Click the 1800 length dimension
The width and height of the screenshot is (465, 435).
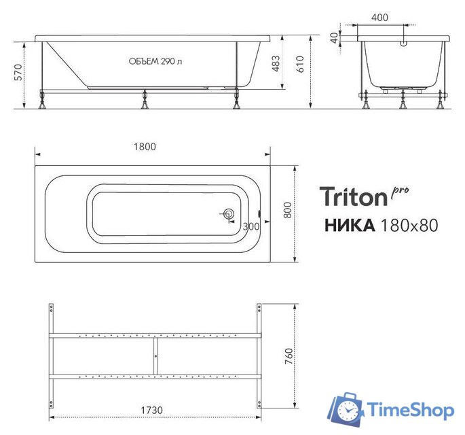coord(145,146)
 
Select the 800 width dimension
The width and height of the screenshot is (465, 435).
coord(288,211)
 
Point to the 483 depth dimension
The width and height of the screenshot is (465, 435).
coord(275,63)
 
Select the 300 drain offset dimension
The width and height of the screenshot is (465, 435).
coord(250,226)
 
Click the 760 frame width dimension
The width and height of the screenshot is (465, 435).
coord(288,355)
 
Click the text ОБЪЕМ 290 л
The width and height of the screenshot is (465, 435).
coord(155,62)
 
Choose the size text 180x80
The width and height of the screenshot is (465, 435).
coord(407,225)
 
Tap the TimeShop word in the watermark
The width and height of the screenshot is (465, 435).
coord(410,410)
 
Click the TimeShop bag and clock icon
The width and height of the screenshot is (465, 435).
coord(346,408)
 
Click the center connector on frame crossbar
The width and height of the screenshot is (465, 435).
coord(155,355)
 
